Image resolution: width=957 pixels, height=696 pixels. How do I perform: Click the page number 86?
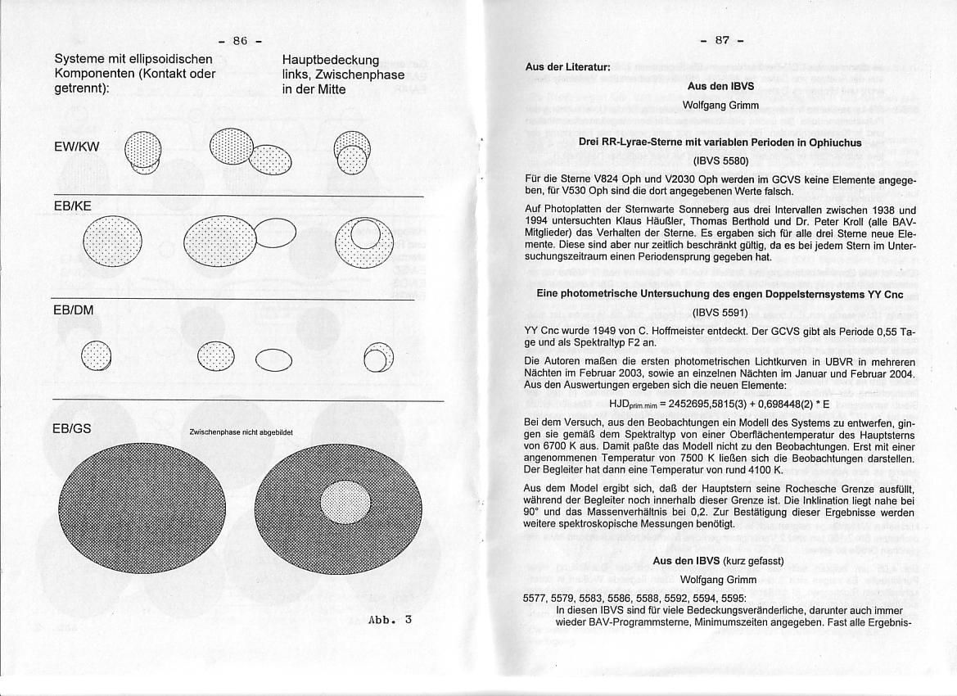pyautogui.click(x=240, y=40)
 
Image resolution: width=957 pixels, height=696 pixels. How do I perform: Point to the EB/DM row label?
pyautogui.click(x=73, y=310)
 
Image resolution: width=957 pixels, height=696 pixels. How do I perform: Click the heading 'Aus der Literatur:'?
pyautogui.click(x=567, y=67)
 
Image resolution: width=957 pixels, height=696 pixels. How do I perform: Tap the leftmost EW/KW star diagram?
pyautogui.click(x=142, y=152)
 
